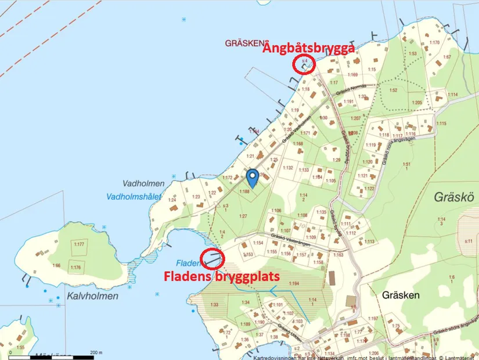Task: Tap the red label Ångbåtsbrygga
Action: coord(308,50)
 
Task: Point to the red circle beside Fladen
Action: coord(213,257)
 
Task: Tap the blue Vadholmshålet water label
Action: coord(134,196)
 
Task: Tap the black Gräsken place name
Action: coord(401,295)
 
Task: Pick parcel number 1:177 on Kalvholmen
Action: coord(80,244)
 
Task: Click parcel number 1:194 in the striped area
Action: coord(293,283)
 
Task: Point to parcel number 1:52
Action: coord(393,90)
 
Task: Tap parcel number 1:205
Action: coord(416,103)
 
